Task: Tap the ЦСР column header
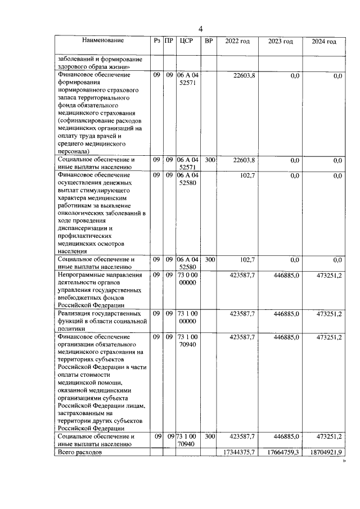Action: click(187, 41)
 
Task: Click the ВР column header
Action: click(209, 41)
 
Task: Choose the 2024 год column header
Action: click(324, 42)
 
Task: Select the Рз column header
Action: click(156, 41)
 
